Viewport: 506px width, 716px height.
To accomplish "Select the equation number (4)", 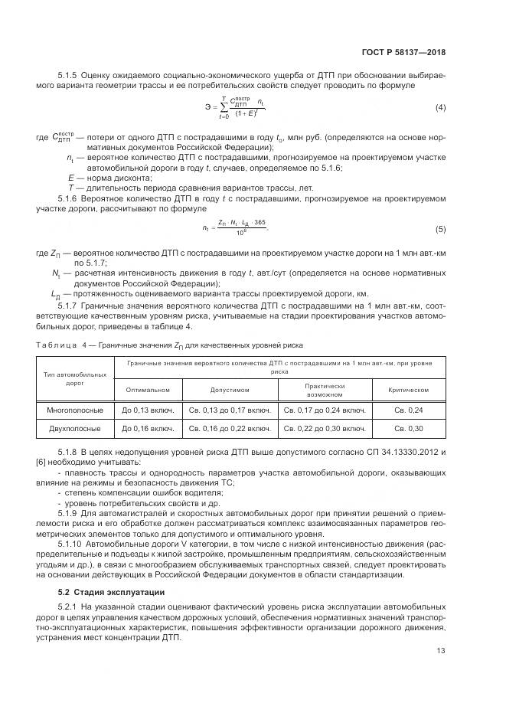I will point(440,106).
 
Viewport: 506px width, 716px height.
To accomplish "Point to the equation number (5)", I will point(440,229).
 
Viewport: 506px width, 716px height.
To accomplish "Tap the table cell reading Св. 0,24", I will point(408,410).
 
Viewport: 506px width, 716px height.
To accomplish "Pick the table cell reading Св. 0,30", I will point(408,428).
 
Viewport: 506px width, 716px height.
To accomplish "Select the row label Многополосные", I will point(75,410).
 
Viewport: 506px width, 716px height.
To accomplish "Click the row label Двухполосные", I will point(75,428).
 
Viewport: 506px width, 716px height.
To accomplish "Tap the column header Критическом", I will point(408,389).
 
